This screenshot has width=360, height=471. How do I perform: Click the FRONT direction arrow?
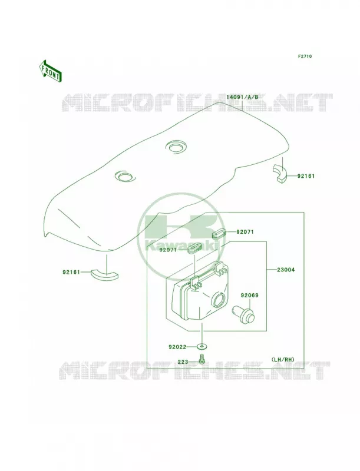(51, 71)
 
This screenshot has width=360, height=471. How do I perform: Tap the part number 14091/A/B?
(242, 97)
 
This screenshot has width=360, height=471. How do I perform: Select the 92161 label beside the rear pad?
(306, 176)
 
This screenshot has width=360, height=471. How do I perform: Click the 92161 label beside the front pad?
(71, 272)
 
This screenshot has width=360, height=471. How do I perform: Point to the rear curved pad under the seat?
(280, 173)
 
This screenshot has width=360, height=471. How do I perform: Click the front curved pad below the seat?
(104, 274)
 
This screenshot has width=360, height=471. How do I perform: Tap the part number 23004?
(286, 270)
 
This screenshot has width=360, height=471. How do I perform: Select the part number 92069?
(249, 296)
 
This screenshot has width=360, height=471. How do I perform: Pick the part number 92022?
(177, 347)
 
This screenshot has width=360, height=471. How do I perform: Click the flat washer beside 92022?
(202, 347)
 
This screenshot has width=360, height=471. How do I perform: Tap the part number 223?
(183, 362)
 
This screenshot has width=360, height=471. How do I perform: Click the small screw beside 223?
(202, 359)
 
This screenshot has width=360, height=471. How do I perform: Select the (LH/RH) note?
(283, 359)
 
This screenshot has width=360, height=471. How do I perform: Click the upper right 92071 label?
(245, 232)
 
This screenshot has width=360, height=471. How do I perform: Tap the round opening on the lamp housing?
(220, 300)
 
